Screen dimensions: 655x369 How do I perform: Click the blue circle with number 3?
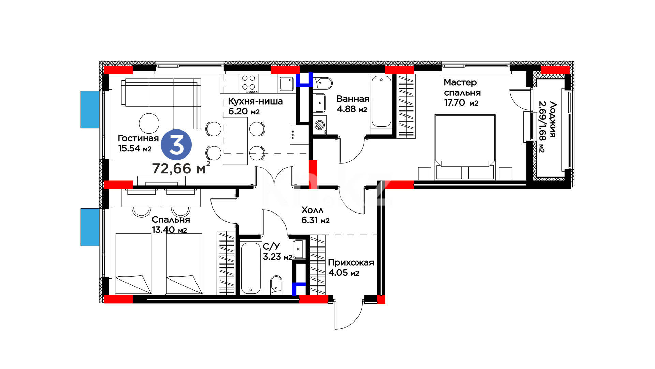click(176, 145)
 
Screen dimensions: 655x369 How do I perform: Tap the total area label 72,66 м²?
click(181, 168)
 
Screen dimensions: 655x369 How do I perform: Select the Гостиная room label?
click(138, 138)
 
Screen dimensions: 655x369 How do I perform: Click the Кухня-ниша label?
click(255, 101)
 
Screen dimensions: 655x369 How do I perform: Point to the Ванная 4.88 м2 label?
click(353, 104)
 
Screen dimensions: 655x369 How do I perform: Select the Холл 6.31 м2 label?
click(315, 215)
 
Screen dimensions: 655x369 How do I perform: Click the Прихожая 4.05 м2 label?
click(351, 268)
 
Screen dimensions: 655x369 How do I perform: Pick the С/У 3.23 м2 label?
click(277, 251)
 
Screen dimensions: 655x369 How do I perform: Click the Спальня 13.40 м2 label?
click(171, 224)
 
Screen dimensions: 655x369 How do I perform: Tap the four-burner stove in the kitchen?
click(249, 83)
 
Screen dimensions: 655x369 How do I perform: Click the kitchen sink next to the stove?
click(287, 83)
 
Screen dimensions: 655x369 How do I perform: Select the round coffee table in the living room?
click(149, 123)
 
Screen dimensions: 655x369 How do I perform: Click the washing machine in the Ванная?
click(320, 125)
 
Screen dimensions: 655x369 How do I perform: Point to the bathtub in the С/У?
click(251, 268)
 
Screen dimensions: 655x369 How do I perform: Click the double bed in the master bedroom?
click(465, 147)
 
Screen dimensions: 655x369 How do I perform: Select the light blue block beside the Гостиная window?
click(90, 109)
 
